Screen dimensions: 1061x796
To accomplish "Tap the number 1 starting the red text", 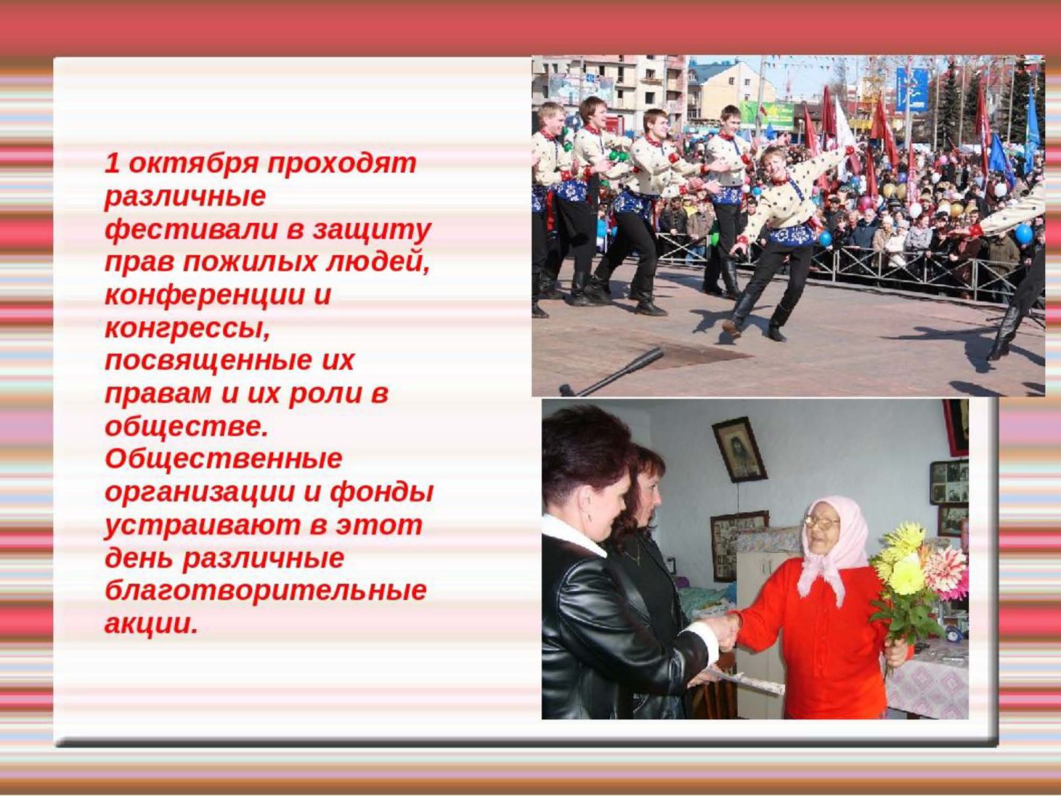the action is click(x=112, y=163).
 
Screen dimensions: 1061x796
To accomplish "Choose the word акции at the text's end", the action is click(x=151, y=624).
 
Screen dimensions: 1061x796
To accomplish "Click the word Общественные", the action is click(x=223, y=459).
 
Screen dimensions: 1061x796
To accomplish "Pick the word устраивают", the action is click(x=203, y=527).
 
